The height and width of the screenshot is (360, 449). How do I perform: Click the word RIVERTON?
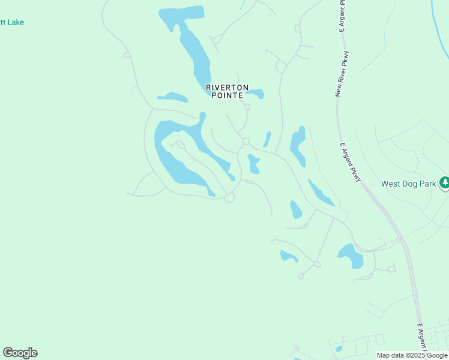[x=227, y=87]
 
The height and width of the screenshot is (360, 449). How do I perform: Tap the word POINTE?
[x=227, y=95]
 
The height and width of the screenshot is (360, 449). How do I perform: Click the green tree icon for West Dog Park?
[x=444, y=182]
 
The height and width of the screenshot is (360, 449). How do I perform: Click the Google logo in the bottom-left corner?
[x=20, y=353]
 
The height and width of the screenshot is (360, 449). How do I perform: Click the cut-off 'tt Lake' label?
[x=12, y=23]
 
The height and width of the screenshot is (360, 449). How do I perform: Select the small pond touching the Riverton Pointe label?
[x=255, y=94]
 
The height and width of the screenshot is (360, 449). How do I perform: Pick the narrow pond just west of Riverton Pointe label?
[x=172, y=97]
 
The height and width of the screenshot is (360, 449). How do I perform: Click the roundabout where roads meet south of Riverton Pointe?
[x=246, y=142]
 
